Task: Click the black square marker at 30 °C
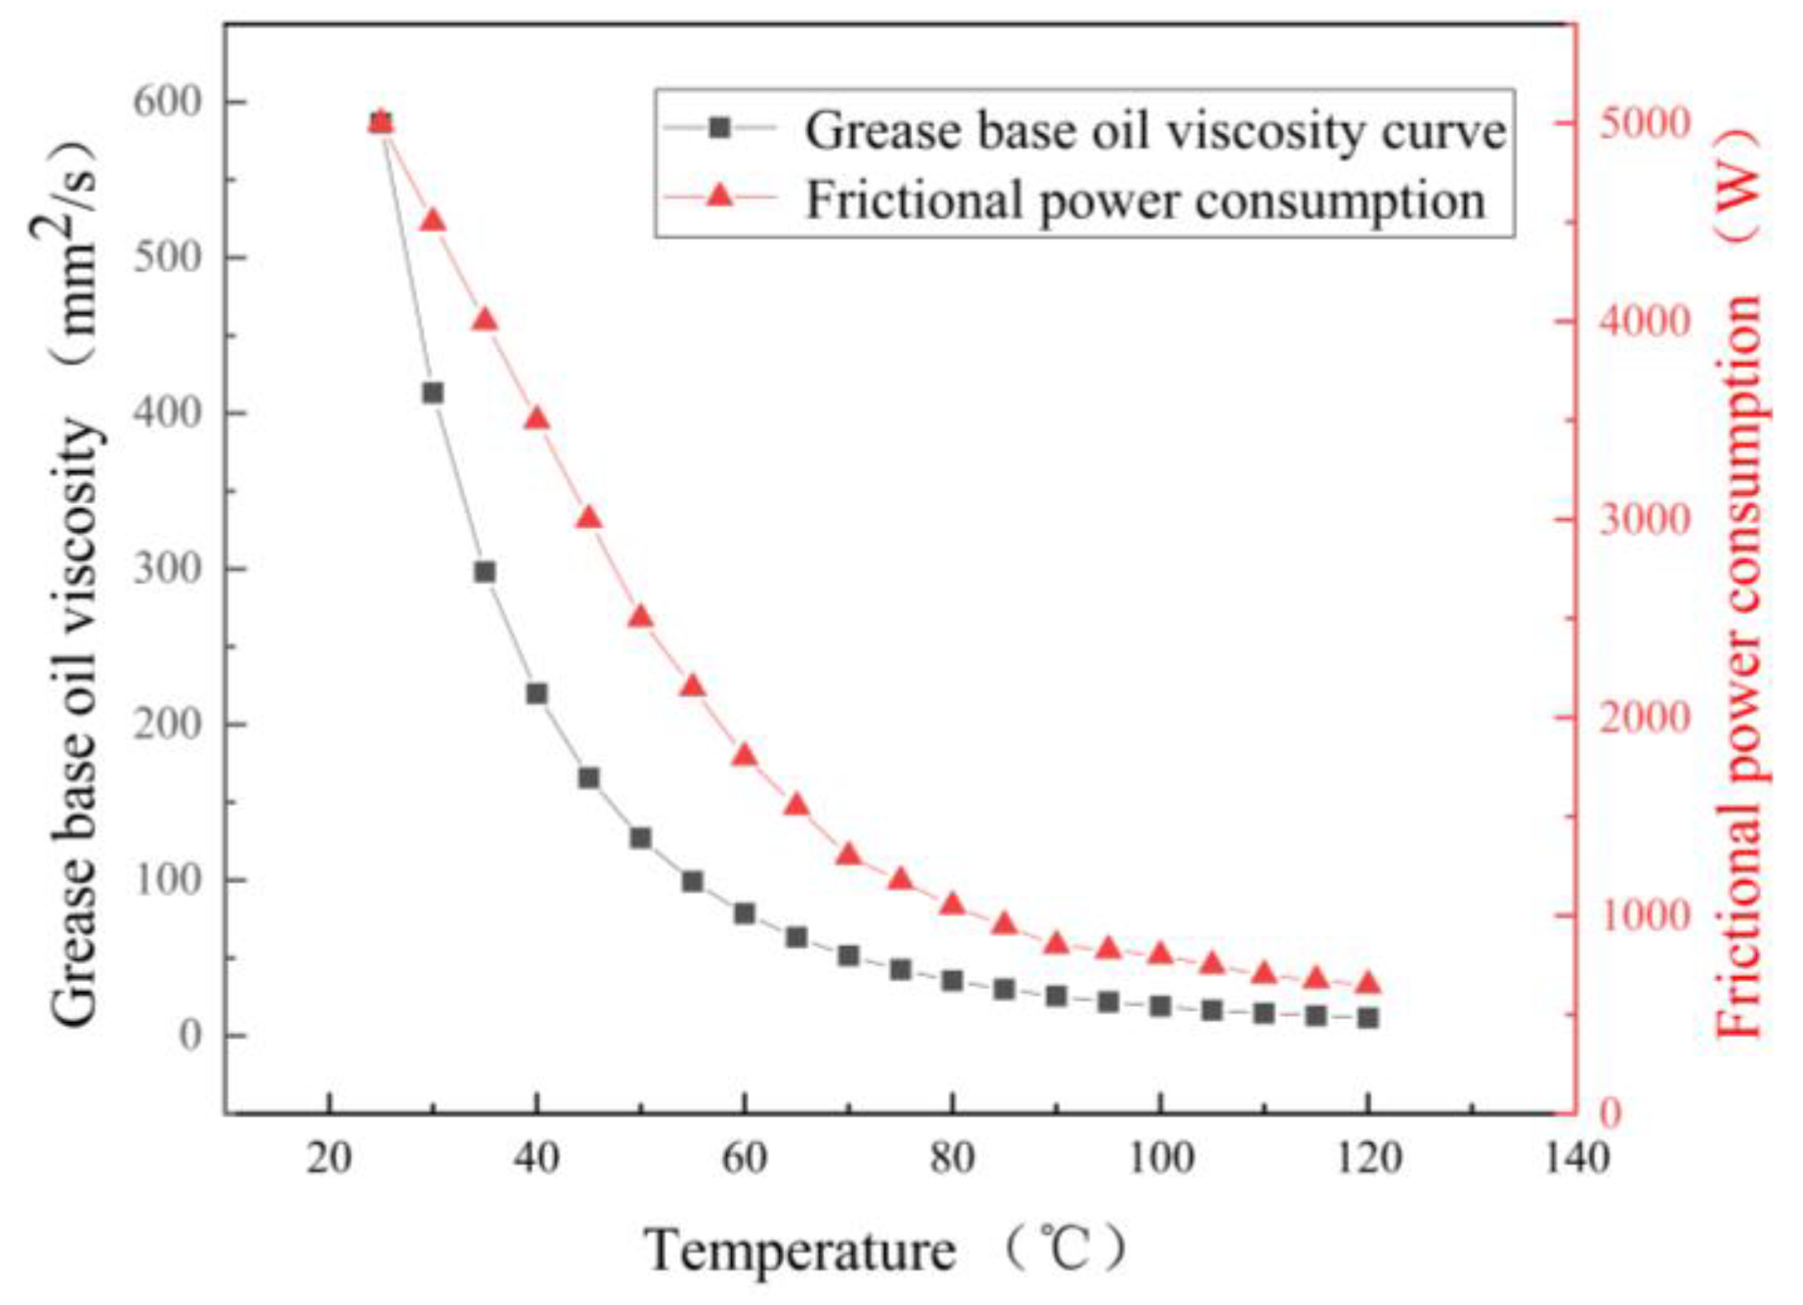pos(433,393)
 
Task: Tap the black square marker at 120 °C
pos(1368,1018)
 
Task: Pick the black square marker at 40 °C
pos(537,694)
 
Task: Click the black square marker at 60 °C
pos(745,913)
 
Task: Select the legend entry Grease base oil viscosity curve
pos(1155,131)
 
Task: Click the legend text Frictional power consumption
pos(1145,201)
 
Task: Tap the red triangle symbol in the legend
pos(720,198)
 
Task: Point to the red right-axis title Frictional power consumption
pos(1742,665)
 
